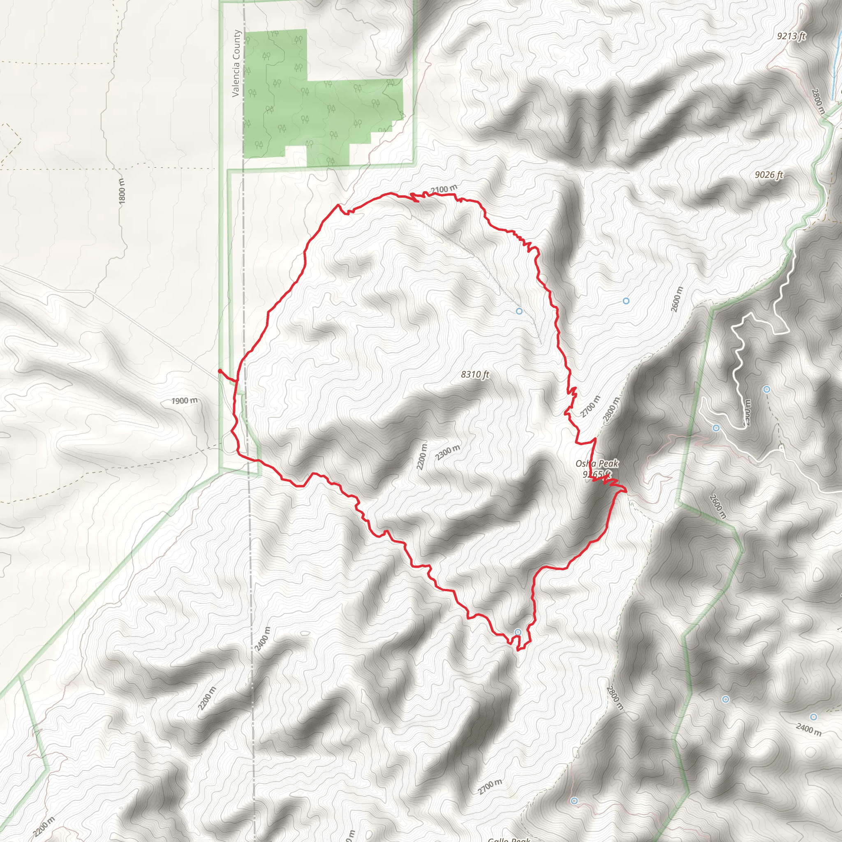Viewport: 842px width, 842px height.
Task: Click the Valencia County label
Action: pyautogui.click(x=236, y=63)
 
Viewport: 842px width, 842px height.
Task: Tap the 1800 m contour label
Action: pyautogui.click(x=122, y=191)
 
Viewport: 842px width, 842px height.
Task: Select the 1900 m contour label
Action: pyautogui.click(x=184, y=400)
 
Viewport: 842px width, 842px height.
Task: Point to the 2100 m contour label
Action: pyautogui.click(x=444, y=189)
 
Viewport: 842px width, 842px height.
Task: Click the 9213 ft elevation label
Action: pyautogui.click(x=791, y=36)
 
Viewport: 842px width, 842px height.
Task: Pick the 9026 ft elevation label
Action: pyautogui.click(x=769, y=175)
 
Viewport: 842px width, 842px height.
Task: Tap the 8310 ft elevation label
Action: pyautogui.click(x=475, y=375)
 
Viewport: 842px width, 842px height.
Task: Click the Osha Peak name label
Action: pyautogui.click(x=597, y=463)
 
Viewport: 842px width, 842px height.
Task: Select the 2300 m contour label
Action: pyautogui.click(x=448, y=452)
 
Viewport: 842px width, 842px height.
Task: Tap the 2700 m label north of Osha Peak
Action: pyautogui.click(x=590, y=406)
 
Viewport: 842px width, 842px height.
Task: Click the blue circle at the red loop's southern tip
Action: pyautogui.click(x=518, y=632)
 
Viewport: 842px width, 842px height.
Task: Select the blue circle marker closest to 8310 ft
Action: pyautogui.click(x=519, y=311)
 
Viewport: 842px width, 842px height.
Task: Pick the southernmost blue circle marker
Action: pyautogui.click(x=574, y=801)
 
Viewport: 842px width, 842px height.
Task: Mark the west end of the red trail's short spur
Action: pyautogui.click(x=220, y=370)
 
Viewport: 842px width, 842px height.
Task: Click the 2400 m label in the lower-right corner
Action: pyautogui.click(x=808, y=729)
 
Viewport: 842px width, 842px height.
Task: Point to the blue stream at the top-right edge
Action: pyautogui.click(x=837, y=65)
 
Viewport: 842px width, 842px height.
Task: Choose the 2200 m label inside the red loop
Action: pyautogui.click(x=421, y=456)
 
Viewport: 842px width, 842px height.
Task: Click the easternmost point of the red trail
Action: pyautogui.click(x=626, y=491)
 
